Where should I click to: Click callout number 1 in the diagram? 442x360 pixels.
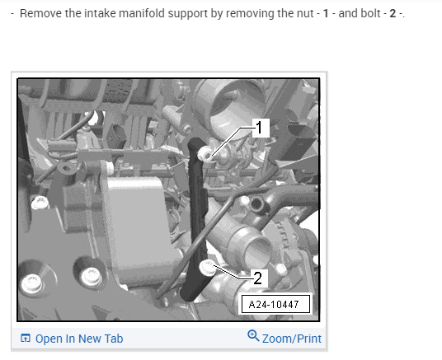coord(260,128)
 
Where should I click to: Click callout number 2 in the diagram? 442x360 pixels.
coord(258,278)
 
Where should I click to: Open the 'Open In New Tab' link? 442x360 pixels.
coord(79,339)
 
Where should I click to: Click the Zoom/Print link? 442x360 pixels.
coord(291,339)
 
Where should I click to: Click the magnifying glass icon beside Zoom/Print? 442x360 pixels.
coord(253,336)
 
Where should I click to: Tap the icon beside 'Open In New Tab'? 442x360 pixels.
coord(26,338)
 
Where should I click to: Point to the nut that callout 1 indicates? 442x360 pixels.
coord(205,154)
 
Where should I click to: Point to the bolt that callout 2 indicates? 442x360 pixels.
coord(207,268)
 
